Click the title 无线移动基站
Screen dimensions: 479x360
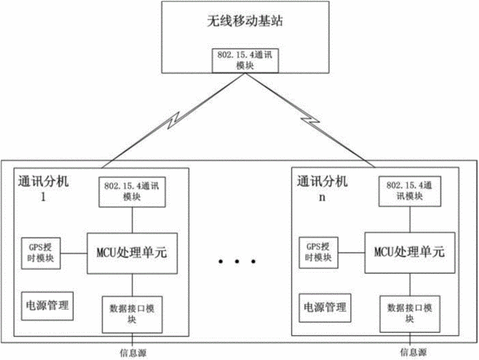click(x=245, y=21)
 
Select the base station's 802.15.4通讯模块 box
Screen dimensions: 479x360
click(x=245, y=61)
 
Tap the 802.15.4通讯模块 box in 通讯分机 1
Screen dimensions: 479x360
click(x=132, y=192)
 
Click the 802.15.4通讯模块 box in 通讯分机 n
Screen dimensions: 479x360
click(x=409, y=191)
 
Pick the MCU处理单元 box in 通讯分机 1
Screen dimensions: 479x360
click(x=132, y=254)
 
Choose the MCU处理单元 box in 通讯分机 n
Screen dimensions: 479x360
click(x=410, y=253)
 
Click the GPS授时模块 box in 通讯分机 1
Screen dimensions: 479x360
click(x=41, y=254)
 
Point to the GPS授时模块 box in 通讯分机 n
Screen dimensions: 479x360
click(x=318, y=253)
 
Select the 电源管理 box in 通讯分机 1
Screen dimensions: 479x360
click(x=47, y=306)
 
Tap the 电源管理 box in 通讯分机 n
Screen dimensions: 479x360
click(x=325, y=308)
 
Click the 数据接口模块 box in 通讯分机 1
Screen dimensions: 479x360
click(x=132, y=314)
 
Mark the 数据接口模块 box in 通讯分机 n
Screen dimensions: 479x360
click(x=409, y=314)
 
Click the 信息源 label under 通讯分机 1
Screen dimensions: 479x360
click(x=133, y=354)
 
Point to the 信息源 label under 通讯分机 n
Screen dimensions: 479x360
click(x=413, y=352)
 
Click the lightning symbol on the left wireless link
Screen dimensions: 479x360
click(x=174, y=121)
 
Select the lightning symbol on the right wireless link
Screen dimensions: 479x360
click(x=310, y=121)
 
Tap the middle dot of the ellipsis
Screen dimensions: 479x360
click(x=237, y=262)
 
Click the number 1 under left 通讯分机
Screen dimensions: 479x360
click(x=43, y=197)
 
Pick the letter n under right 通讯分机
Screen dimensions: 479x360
click(x=322, y=198)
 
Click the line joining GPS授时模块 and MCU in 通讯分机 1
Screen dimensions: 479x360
click(x=74, y=254)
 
